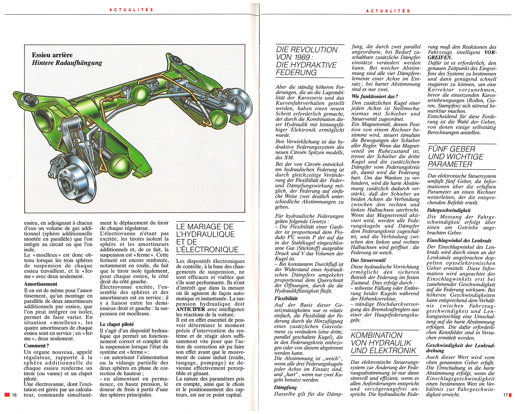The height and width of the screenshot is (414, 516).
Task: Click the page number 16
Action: (14, 395)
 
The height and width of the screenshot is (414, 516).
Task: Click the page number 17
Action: (505, 395)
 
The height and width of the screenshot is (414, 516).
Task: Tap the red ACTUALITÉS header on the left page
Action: (131, 10)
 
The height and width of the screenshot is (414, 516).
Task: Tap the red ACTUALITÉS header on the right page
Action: (388, 11)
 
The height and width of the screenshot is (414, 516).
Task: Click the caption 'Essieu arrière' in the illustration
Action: (52, 55)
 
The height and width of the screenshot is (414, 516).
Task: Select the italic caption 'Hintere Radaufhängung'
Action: (67, 63)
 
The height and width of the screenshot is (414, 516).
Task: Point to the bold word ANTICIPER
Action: (190, 309)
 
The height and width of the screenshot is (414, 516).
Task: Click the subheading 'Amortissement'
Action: (41, 284)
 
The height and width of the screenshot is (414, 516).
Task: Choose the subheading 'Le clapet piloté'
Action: (117, 324)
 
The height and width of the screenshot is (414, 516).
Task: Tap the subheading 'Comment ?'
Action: (36, 346)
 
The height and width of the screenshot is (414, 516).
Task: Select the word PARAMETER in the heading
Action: (450, 164)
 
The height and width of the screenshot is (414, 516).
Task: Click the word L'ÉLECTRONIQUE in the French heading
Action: (207, 250)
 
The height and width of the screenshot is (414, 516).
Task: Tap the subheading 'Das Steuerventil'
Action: (368, 260)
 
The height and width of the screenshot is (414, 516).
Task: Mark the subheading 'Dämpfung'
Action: (285, 387)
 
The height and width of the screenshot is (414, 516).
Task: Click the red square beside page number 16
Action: (7, 395)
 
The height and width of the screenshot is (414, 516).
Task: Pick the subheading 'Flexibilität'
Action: (286, 298)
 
